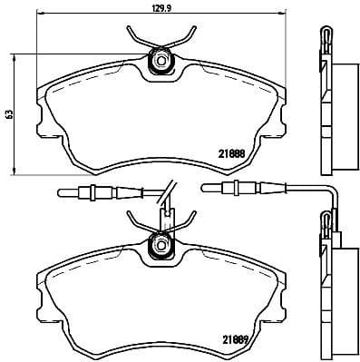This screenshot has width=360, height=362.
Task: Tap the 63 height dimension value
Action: pyautogui.click(x=10, y=114)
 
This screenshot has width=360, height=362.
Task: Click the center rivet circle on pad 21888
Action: pyautogui.click(x=161, y=62)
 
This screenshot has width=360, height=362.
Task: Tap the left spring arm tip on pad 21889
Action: pyautogui.click(x=130, y=216)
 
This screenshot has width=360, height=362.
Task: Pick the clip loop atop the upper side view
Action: pyautogui.click(x=325, y=36)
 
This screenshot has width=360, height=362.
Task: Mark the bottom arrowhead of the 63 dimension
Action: pyautogui.click(x=19, y=171)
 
